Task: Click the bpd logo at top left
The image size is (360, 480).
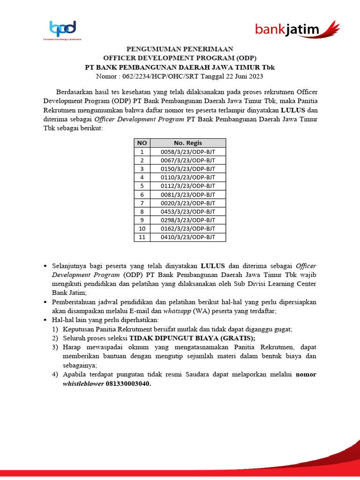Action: click(62, 30)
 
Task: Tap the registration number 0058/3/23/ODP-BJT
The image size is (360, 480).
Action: click(187, 152)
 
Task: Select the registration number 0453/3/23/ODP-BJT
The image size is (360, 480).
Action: click(187, 211)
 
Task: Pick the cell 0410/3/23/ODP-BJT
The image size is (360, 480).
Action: click(187, 237)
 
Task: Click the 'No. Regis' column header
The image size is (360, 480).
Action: click(187, 143)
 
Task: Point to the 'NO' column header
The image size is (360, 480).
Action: click(142, 143)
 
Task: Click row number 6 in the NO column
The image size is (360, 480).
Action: click(142, 195)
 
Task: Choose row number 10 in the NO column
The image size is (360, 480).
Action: click(142, 229)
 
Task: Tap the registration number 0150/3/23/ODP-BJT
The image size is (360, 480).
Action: click(187, 169)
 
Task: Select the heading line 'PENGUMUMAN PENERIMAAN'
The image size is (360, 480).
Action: click(180, 49)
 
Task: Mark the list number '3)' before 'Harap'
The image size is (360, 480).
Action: click(55, 347)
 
